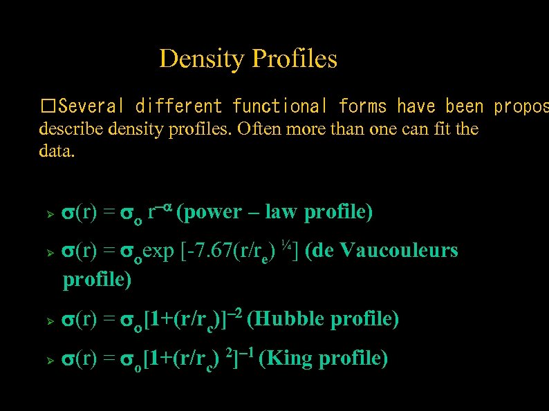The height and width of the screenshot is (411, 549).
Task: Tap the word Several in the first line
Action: pos(91,106)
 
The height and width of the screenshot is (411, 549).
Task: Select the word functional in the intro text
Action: pos(279,106)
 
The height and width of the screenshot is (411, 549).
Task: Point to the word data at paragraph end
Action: pos(55,151)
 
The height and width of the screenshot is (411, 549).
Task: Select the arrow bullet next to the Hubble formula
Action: pos(49,321)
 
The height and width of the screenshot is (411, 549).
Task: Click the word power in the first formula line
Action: pos(211,213)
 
